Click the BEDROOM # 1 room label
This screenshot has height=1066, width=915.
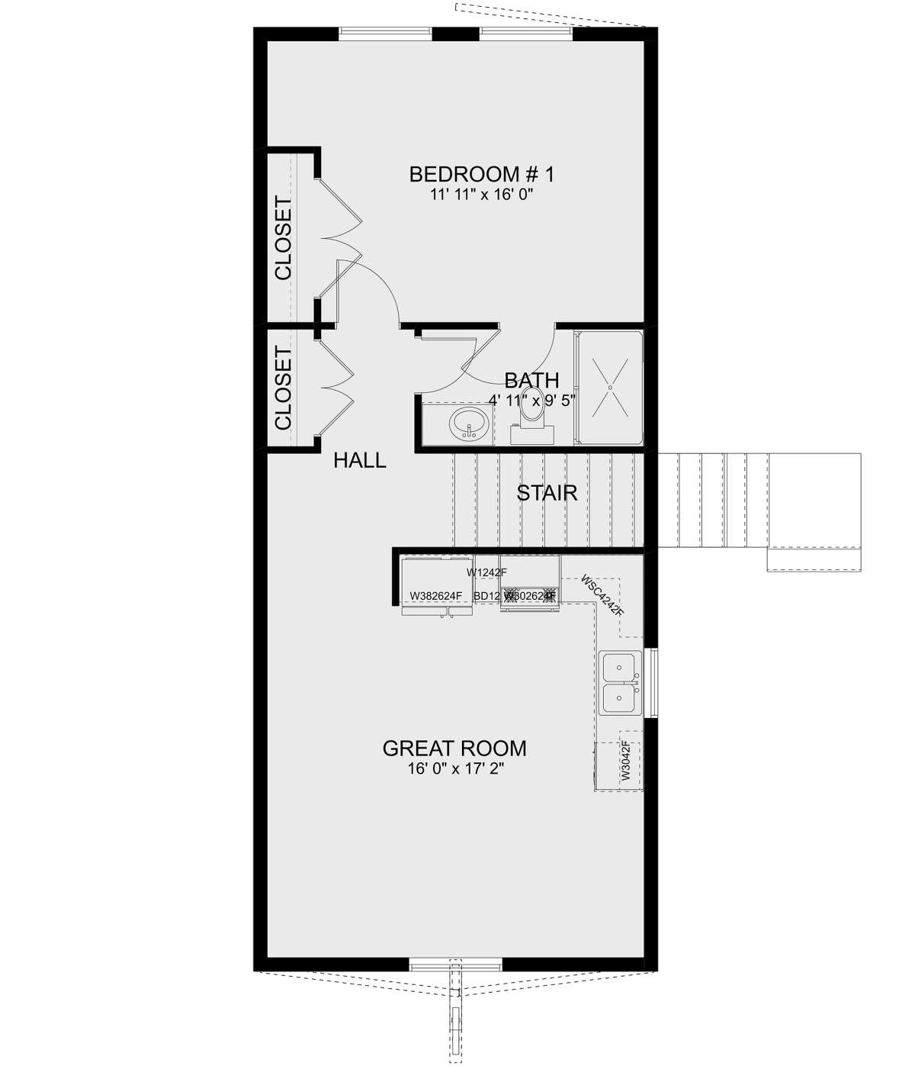tap(481, 175)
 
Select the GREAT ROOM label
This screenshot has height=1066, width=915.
tap(454, 749)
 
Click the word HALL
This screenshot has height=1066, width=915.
tap(360, 461)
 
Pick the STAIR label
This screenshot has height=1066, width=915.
tap(547, 493)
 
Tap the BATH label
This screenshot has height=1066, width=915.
tap(531, 380)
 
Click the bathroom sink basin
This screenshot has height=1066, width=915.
tap(467, 423)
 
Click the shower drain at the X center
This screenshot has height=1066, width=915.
tap(610, 388)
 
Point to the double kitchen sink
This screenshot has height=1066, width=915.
tap(619, 682)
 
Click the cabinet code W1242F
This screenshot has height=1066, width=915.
tap(487, 572)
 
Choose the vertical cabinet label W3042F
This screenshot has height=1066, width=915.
tap(625, 761)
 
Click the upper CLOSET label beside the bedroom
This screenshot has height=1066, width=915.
tap(284, 239)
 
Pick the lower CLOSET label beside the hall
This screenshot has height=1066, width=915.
tap(284, 388)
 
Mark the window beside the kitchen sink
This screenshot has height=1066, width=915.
tap(650, 682)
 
